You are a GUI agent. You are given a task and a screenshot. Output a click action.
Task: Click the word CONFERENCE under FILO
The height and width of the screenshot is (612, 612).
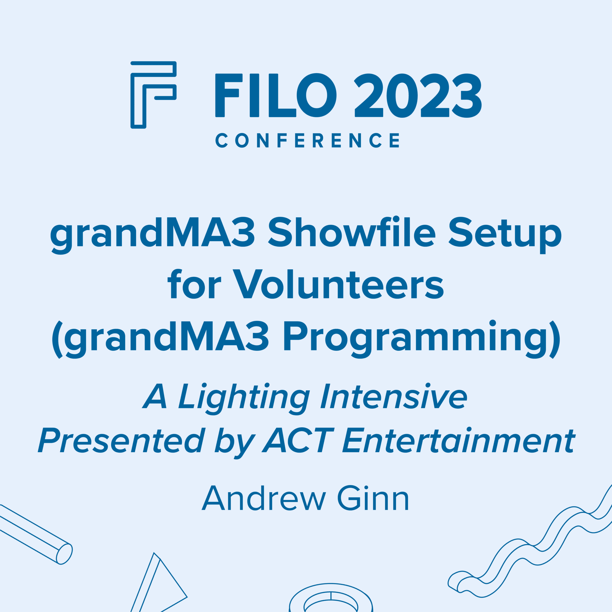pos(307,140)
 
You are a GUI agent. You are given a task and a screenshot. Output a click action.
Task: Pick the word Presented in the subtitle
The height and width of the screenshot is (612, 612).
pos(121,441)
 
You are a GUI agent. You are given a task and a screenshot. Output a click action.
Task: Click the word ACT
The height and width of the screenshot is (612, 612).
pos(298,441)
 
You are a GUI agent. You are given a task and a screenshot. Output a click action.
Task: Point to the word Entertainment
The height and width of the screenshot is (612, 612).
pos(458,441)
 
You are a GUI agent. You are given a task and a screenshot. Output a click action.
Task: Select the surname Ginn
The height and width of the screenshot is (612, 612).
pos(373,498)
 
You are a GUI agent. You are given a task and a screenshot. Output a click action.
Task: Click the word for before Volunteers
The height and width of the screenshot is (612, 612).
pos(194,284)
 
